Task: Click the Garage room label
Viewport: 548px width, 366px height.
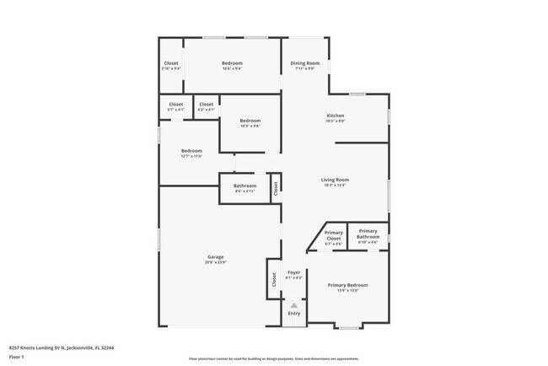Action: (216, 256)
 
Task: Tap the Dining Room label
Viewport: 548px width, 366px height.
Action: (304, 63)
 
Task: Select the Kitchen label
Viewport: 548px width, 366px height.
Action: (336, 116)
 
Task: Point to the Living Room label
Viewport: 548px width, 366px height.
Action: (335, 180)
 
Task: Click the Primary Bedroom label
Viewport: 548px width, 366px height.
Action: (347, 285)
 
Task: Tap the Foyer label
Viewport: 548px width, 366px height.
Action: (293, 272)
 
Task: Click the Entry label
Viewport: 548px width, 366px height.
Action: (293, 314)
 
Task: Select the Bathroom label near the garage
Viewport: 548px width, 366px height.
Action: (245, 186)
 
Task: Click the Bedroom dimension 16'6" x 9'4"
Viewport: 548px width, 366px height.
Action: (232, 69)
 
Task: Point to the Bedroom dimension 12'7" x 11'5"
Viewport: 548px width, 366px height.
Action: (191, 156)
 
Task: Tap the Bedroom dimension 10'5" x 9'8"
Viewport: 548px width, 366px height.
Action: (250, 126)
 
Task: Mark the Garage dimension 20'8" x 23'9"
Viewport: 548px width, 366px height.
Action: (216, 262)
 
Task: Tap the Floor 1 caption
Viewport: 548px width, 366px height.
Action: (17, 356)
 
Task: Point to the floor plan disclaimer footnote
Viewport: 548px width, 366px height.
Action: (273, 358)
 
